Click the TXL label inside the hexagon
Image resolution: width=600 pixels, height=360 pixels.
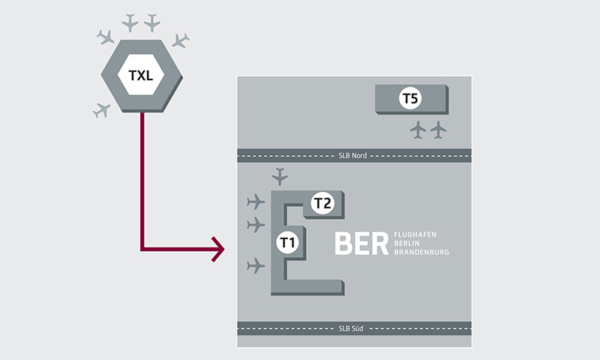tap(141, 75)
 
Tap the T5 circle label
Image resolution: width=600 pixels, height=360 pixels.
tap(410, 98)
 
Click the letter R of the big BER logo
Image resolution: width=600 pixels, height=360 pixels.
tap(379, 243)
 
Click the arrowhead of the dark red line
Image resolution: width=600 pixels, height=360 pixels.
tap(219, 249)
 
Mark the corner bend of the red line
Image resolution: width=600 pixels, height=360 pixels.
tap(142, 249)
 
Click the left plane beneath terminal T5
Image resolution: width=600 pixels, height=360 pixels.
tap(418, 130)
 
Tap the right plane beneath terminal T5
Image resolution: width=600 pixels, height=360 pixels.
tap(438, 130)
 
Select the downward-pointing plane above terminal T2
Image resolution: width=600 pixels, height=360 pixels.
tap(280, 177)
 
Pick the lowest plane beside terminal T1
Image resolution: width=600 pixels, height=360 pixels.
tap(256, 265)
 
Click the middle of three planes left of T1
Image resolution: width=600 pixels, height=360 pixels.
tap(256, 224)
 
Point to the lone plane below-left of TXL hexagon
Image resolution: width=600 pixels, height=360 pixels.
tap(101, 111)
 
